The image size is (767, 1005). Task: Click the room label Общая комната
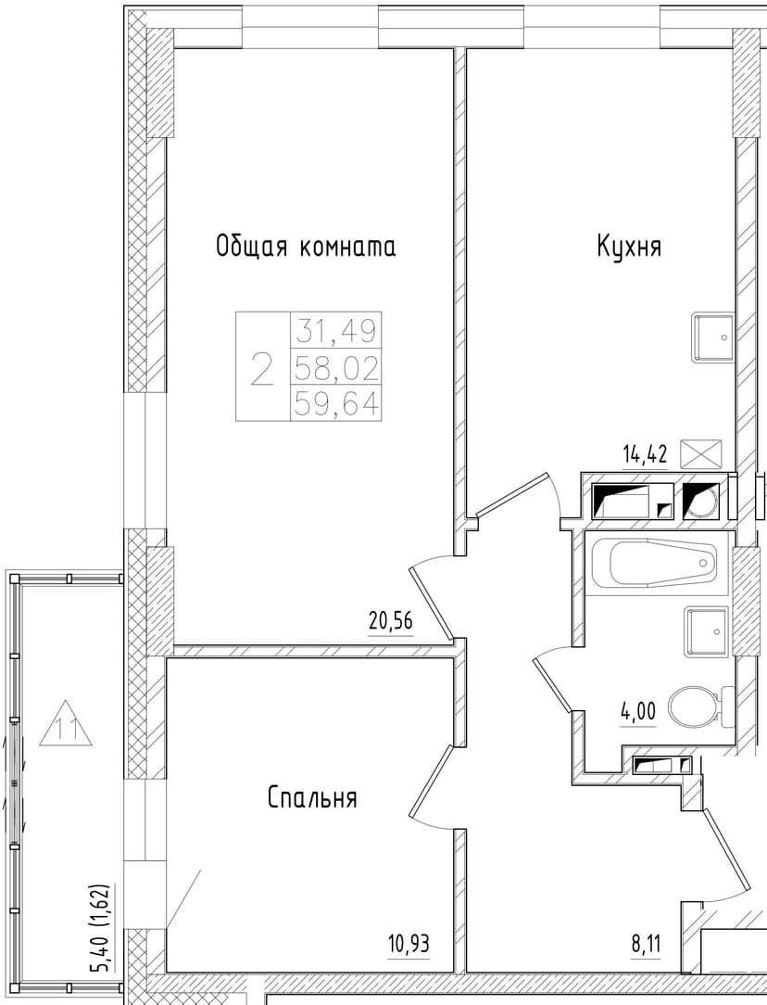tap(306, 247)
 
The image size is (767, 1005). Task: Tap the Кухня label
tap(629, 246)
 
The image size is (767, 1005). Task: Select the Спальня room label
tap(312, 798)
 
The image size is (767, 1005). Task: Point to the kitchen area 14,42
tap(646, 454)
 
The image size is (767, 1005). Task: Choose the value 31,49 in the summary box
tap(335, 331)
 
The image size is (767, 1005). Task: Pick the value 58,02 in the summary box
tap(335, 368)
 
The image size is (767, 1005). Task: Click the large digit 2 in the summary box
tap(262, 368)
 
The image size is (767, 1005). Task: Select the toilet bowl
tap(695, 707)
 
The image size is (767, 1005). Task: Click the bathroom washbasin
tap(707, 632)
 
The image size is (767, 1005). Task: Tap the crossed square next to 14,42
tap(700, 453)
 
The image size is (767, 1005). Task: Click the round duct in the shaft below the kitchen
tap(702, 501)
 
